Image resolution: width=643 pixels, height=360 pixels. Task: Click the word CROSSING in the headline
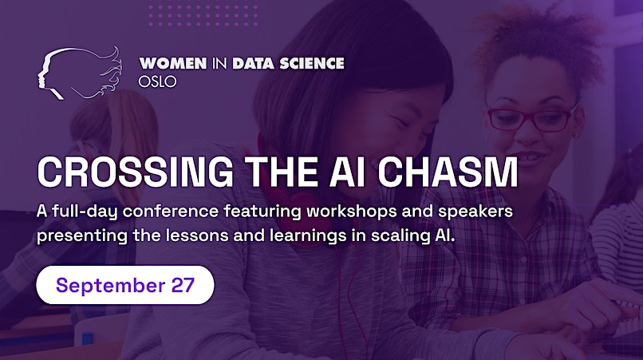136,172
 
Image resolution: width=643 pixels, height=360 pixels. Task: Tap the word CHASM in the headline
448,172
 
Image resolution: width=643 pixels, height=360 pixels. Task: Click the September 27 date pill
125,285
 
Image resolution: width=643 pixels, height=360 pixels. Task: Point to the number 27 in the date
183,285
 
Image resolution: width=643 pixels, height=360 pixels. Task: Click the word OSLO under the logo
157,81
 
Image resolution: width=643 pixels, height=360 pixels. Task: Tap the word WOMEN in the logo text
173,63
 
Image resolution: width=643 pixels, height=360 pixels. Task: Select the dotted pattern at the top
203,14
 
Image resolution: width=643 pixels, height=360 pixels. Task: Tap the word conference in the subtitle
171,212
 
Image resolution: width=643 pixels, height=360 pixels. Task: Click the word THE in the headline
283,172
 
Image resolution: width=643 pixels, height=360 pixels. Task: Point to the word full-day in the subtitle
85,212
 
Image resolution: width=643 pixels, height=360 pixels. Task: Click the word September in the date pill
110,286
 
